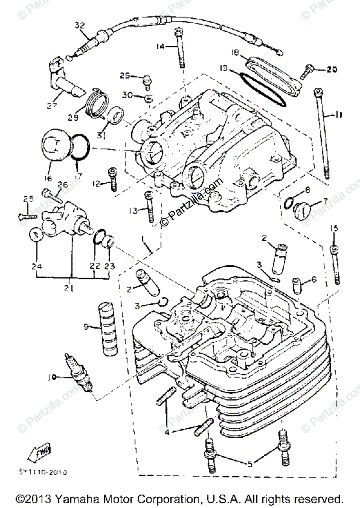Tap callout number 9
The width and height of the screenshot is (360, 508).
pos(86,326)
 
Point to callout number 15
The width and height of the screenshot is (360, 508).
pos(335,229)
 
